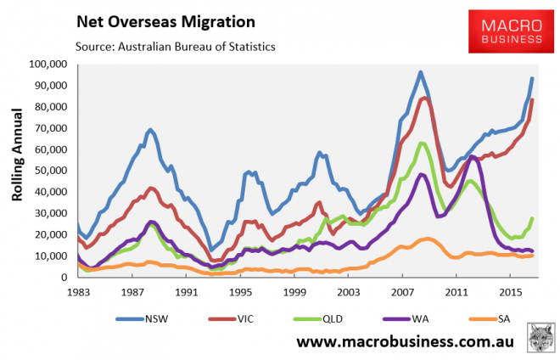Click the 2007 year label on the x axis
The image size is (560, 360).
[x=402, y=290]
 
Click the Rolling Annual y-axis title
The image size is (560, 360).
[x=17, y=170]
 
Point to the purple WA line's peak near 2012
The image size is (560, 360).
[x=472, y=157]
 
